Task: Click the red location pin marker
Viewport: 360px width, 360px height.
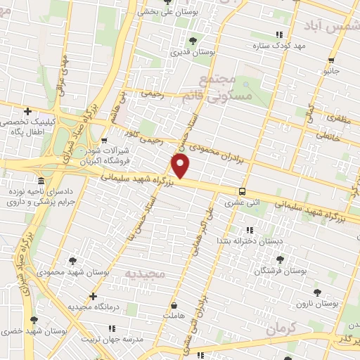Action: (181, 166)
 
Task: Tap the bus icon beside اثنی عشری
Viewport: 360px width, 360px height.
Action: (242, 191)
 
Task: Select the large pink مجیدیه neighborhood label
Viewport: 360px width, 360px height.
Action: (148, 272)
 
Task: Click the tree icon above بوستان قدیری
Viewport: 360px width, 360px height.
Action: (193, 40)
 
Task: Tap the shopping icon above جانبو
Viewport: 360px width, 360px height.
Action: (331, 60)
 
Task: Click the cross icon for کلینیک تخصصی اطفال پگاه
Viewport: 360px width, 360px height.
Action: (27, 110)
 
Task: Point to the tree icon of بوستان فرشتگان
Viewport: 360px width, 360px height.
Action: (280, 259)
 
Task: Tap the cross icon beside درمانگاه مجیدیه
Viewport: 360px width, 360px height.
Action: (93, 296)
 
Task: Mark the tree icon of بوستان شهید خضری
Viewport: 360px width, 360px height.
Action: (33, 320)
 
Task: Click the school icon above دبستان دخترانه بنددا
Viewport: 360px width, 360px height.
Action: (249, 229)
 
